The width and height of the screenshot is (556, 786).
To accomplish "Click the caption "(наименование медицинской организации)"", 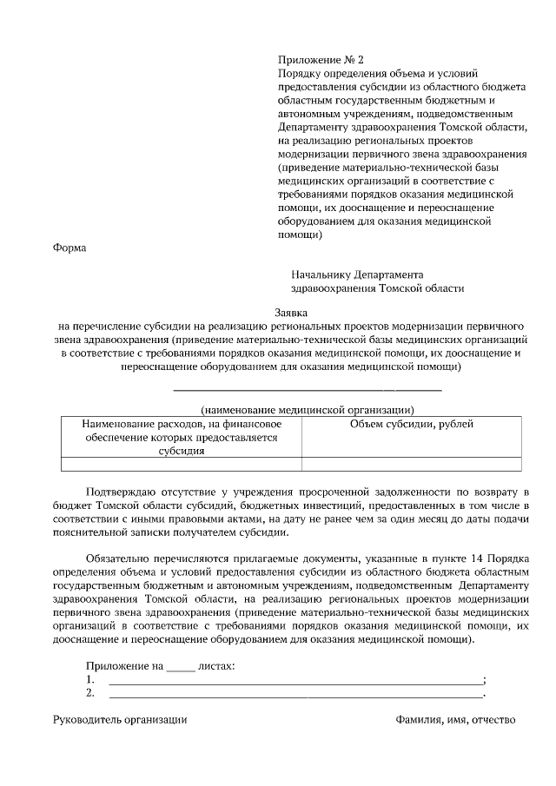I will [307, 409].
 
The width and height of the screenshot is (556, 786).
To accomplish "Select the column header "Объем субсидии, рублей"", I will [411, 424].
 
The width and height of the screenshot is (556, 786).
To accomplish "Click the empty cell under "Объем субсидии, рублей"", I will [411, 464].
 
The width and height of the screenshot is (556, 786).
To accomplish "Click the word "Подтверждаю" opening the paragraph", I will [125, 492].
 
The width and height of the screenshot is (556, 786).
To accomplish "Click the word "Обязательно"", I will [122, 558].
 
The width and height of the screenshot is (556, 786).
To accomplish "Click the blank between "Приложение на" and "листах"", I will [181, 668].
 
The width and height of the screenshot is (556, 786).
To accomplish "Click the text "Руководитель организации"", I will [120, 720].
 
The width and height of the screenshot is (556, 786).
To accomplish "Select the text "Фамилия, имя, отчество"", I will [455, 720].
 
